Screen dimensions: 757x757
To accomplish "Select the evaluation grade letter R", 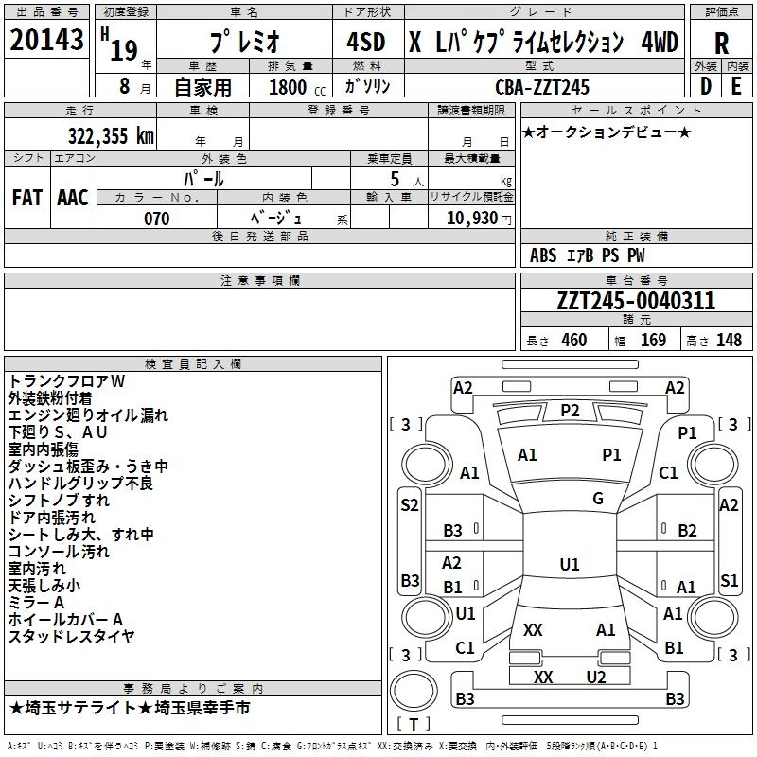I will pos(721,43).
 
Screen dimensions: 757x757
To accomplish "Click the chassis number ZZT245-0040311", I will pos(636,302).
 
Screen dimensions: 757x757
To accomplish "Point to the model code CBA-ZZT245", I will pos(542,87).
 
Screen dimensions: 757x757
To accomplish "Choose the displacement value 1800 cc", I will pos(290,88).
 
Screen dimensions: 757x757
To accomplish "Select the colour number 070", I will pos(156,219).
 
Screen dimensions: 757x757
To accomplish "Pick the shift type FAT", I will pos(27,198).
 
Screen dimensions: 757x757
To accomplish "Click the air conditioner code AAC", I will pos(73,198).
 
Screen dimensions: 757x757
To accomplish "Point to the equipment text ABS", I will pos(543,255).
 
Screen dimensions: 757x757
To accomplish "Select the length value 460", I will pos(573,341).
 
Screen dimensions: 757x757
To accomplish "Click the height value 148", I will pos(729,341).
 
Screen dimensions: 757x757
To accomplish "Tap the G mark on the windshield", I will pos(598,499).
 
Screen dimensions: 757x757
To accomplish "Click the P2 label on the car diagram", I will pos(570,410).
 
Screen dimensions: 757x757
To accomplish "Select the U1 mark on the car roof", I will pos(569,565).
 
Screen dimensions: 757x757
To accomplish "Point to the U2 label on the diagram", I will pos(595,677).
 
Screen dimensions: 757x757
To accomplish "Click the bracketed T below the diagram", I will pos(413,725).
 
